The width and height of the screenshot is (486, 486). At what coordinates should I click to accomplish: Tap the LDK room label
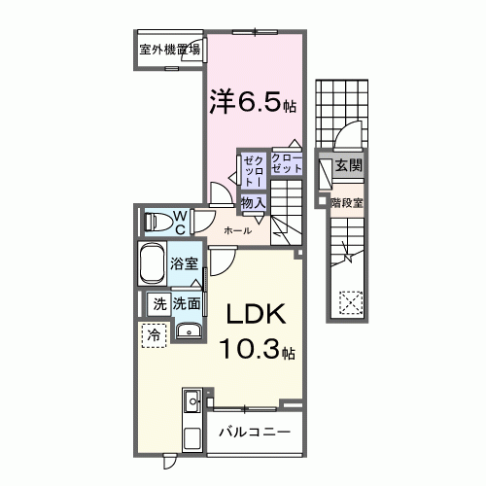tap(256, 315)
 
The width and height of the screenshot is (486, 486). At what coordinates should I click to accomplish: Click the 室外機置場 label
tap(169, 50)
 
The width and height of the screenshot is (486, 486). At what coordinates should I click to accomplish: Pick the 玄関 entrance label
tap(348, 166)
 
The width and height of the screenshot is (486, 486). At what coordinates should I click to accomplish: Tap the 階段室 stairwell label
tap(346, 203)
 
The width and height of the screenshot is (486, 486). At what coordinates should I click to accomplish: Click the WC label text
tap(181, 222)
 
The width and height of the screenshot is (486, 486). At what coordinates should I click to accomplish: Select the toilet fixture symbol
tap(156, 222)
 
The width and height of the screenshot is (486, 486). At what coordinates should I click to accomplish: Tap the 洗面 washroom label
tap(188, 303)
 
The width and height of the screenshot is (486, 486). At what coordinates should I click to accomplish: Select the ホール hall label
tap(238, 230)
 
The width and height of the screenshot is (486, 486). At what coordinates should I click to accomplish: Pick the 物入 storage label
tap(254, 202)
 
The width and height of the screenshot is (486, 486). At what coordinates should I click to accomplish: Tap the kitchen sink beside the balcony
tap(191, 399)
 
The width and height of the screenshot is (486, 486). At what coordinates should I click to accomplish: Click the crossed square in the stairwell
tap(348, 302)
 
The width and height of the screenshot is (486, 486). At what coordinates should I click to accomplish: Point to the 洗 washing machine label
tap(158, 303)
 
